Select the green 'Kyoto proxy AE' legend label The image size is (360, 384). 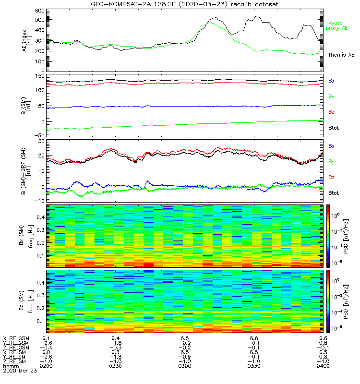[337, 26]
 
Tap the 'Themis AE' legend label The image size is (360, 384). [341, 55]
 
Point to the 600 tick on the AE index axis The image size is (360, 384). [40, 11]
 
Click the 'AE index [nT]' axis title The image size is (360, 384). [27, 41]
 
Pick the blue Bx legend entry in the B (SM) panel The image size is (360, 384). [331, 81]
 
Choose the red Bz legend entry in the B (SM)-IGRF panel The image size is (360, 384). [331, 177]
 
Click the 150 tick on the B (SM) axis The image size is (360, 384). [40, 76]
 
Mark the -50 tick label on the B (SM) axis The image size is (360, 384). [39, 135]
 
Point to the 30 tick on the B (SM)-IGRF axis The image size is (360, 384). [41, 141]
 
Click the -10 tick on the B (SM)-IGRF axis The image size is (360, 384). [39, 201]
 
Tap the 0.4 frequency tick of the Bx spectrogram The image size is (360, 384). [41, 217]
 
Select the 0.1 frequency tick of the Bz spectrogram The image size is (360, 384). [41, 321]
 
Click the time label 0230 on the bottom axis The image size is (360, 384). [115, 366]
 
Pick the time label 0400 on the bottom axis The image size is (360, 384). [323, 366]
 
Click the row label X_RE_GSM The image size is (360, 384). [16, 338]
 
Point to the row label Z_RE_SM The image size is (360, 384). [14, 361]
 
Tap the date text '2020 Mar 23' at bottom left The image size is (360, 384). [20, 371]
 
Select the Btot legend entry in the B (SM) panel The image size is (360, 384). [334, 128]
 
